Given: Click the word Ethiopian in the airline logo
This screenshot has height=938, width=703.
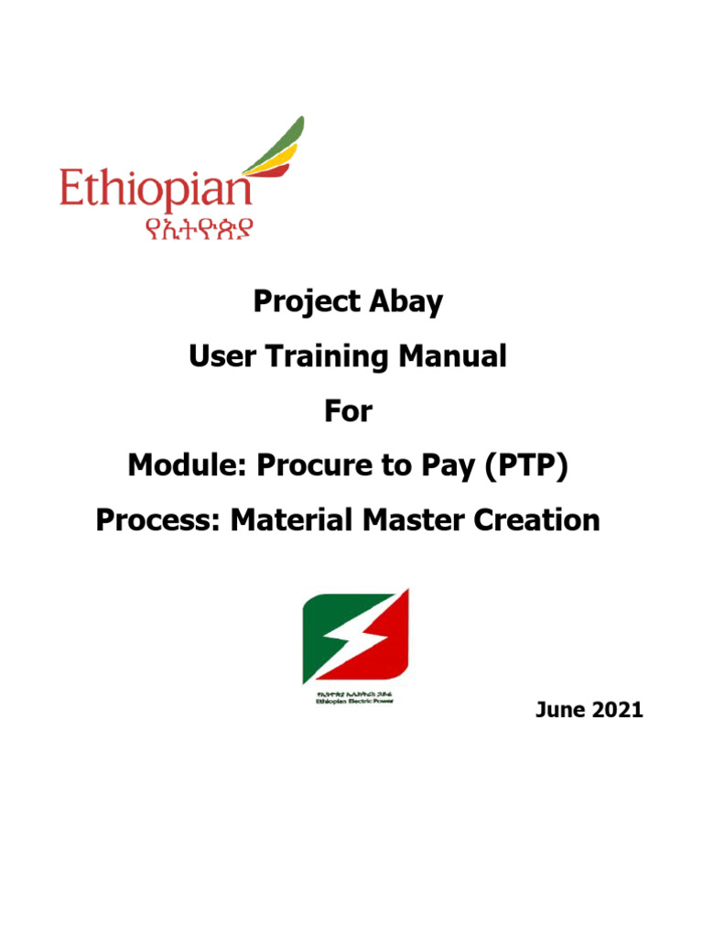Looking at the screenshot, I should coord(156,191).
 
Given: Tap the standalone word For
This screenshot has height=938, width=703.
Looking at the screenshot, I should coord(349,411).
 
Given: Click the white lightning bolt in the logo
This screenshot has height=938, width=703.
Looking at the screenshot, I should coord(355,638).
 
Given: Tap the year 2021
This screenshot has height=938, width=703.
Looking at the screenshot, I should coord(618,709).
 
